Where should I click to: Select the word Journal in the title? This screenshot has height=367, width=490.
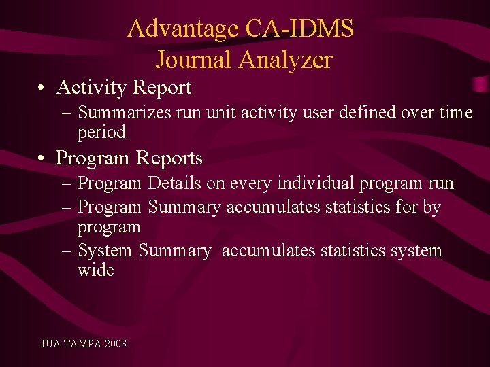click(194, 60)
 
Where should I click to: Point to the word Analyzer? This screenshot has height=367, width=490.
click(285, 60)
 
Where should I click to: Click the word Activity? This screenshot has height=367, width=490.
click(92, 88)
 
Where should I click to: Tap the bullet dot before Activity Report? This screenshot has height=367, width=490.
click(42, 88)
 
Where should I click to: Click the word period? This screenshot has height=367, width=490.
click(101, 132)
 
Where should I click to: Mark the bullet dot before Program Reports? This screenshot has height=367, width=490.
click(42, 159)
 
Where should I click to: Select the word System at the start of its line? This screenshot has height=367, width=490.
click(105, 251)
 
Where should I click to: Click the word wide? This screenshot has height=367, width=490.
click(95, 270)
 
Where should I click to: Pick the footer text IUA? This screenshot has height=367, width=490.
click(50, 344)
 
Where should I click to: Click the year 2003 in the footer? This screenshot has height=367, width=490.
click(116, 344)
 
